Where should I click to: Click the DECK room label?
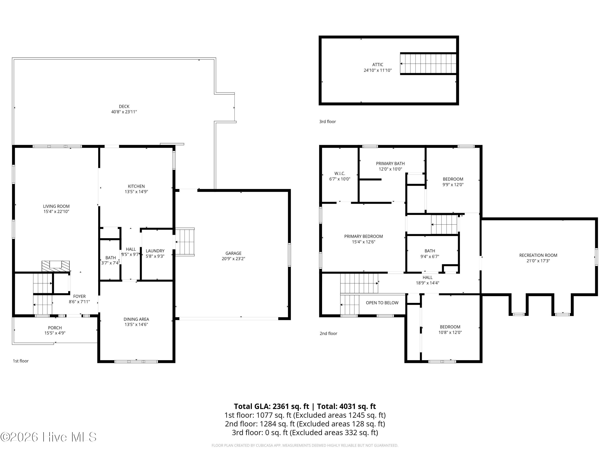(124, 106)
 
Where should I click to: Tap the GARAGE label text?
(233, 253)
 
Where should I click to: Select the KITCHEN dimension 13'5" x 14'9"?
(136, 192)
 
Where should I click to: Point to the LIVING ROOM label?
(56, 206)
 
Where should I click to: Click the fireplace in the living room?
(56, 266)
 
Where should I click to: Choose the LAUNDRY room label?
(155, 251)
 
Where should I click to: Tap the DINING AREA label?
(136, 319)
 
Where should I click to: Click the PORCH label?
(55, 328)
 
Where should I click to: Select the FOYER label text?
(80, 296)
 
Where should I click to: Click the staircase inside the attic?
(428, 64)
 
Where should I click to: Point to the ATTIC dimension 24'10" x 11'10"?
(378, 70)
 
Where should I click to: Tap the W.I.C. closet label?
(340, 173)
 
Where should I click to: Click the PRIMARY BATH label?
(390, 163)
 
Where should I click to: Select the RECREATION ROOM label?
(538, 255)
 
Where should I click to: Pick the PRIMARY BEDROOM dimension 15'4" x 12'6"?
(364, 242)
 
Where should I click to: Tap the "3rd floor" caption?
(328, 122)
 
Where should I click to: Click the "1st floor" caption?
(21, 361)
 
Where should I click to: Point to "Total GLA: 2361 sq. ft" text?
(272, 406)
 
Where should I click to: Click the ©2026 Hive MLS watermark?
(49, 437)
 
